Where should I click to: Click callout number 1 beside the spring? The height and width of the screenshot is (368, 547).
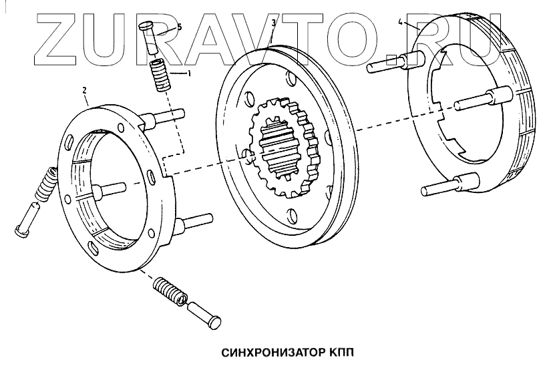click(189, 73)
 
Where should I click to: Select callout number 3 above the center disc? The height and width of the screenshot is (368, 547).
click(274, 23)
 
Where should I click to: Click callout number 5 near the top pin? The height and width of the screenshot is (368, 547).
click(178, 27)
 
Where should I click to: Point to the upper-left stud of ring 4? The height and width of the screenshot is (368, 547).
click(387, 65)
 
